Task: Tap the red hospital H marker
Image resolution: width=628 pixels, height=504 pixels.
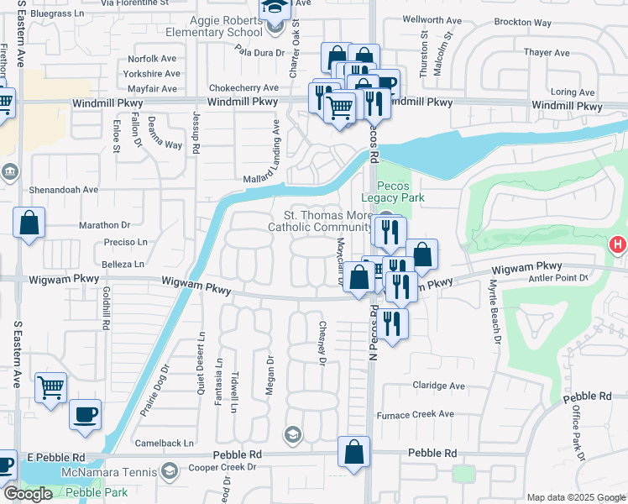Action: click(x=617, y=246)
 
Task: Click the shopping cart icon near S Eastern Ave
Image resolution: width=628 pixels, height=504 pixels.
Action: click(x=50, y=387)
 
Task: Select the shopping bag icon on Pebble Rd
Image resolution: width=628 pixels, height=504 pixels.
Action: click(x=354, y=450)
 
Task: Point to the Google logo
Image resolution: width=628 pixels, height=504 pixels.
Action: click(x=28, y=494)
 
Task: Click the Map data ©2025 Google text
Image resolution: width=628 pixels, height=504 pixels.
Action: click(x=575, y=496)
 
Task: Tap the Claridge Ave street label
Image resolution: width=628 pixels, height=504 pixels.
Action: click(x=438, y=386)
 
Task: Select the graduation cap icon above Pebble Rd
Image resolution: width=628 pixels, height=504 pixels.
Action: click(x=292, y=433)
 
